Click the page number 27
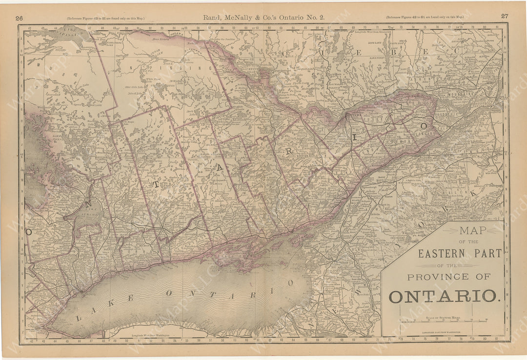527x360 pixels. pos(504,16)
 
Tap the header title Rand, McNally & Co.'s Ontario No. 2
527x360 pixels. pos(263,17)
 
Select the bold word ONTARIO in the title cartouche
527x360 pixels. pos(444,296)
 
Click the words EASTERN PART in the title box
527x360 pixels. pos(460,253)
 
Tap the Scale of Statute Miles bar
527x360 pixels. pos(443,321)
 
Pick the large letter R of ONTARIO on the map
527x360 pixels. pos(289,151)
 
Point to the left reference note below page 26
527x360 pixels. pos(105,18)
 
